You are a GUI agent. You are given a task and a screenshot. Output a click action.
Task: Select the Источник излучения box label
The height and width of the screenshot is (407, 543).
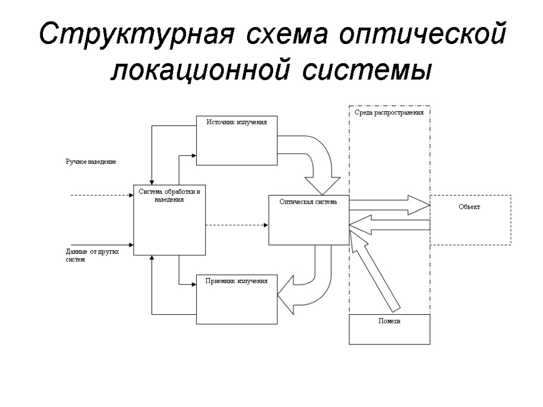(237, 122)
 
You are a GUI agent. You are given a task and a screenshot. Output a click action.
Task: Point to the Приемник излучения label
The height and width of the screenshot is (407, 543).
(237, 280)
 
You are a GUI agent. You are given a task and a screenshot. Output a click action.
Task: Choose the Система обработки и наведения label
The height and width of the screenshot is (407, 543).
(169, 195)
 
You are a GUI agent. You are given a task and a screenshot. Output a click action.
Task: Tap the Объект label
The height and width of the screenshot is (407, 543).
(469, 207)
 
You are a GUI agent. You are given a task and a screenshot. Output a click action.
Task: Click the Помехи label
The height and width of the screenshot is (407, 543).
(389, 321)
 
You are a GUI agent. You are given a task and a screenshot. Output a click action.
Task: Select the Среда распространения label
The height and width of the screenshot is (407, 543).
(389, 113)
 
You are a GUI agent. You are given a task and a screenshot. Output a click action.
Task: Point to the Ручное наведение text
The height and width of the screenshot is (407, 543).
(91, 161)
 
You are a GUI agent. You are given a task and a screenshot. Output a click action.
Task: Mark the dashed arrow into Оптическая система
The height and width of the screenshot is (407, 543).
(237, 225)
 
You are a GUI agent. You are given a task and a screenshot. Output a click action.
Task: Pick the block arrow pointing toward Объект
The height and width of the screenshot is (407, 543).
(390, 205)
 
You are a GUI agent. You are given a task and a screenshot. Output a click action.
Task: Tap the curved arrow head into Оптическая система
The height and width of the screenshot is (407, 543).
(322, 185)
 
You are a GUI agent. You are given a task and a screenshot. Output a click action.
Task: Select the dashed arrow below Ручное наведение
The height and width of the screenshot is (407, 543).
(101, 195)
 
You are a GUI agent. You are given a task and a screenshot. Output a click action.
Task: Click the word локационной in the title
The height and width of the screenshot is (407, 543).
(201, 70)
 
